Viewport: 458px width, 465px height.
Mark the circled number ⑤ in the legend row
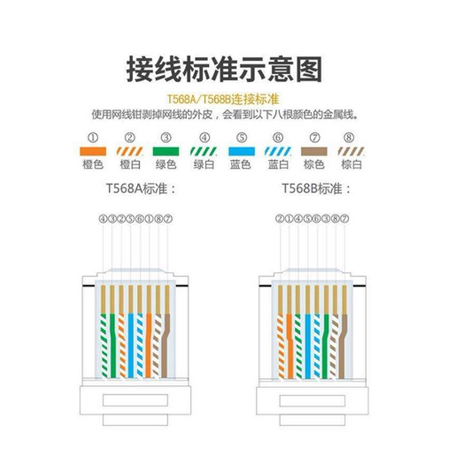click(241, 137)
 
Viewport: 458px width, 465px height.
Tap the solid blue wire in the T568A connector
click(131, 341)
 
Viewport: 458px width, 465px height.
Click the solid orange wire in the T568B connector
click(289, 341)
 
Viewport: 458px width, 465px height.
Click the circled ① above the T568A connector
click(149, 218)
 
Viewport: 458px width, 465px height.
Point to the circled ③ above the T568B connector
click(326, 218)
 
